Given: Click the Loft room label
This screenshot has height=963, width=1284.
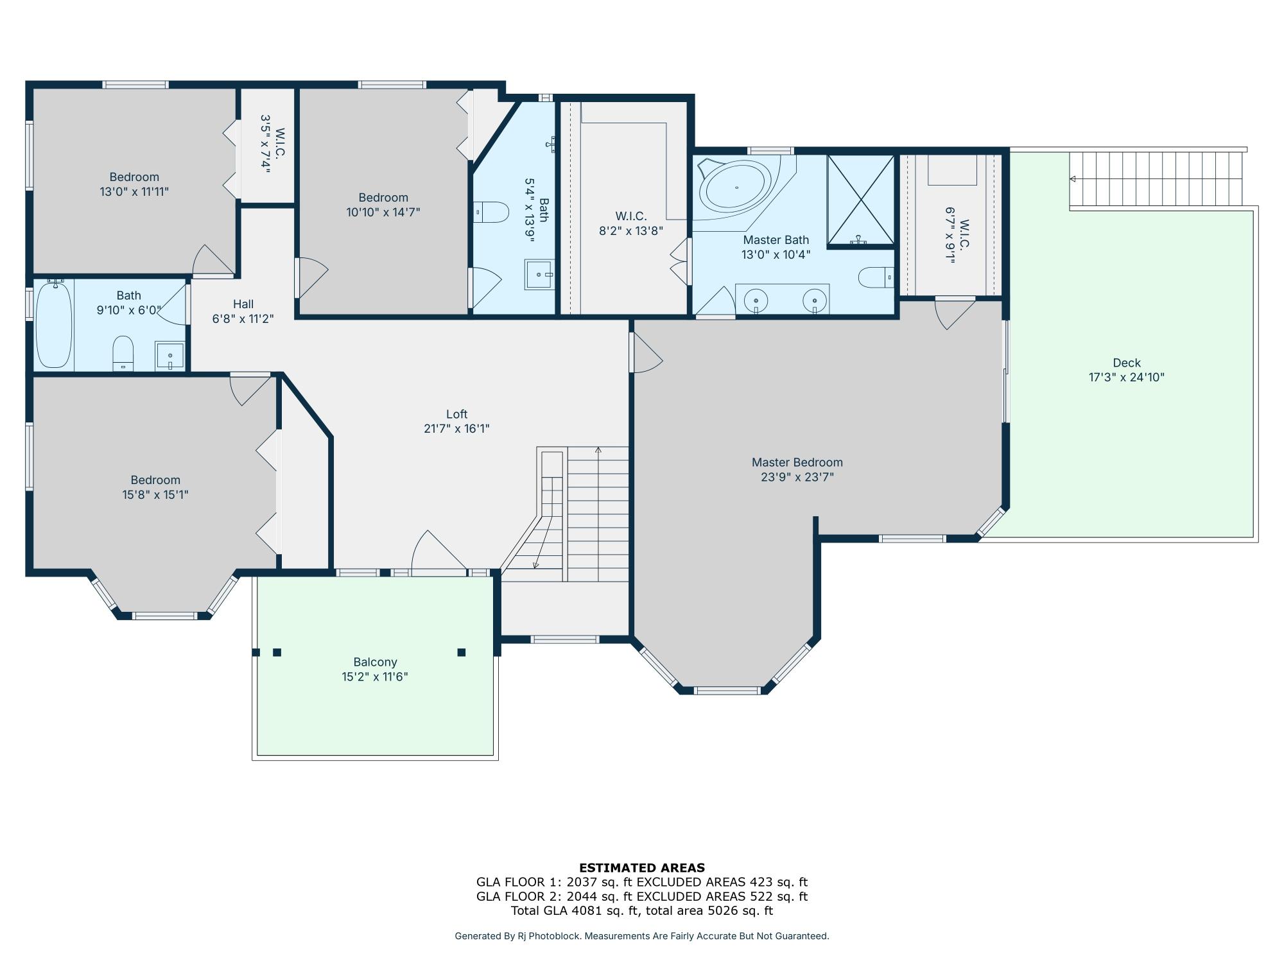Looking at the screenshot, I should tap(456, 414).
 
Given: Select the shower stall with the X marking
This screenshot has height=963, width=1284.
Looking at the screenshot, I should tap(860, 200).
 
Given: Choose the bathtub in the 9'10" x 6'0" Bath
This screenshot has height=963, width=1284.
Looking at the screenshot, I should tap(54, 325).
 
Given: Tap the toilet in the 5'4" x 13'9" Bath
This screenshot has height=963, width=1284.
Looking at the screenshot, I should tap(492, 212).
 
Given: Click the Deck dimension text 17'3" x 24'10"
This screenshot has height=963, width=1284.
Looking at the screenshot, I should tap(1126, 377).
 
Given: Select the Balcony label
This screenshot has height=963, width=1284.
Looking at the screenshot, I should tap(375, 662).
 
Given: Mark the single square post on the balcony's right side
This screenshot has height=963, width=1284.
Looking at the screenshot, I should tap(461, 652).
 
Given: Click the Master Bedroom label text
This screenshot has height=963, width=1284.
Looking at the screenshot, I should tap(797, 462).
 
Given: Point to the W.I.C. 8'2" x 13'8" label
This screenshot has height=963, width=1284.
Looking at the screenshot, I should tap(630, 216).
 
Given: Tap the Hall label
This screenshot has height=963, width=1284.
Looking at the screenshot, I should tap(243, 304).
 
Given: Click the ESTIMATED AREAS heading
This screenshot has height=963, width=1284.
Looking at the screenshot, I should tap(641, 868).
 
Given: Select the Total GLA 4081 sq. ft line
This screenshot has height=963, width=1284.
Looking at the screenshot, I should tap(641, 910).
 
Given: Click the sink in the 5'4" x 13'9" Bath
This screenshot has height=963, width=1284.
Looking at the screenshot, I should tap(539, 275).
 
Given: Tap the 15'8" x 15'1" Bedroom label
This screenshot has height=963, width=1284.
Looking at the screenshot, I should tap(155, 480).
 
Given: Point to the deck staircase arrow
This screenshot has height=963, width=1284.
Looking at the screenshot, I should tap(1073, 179).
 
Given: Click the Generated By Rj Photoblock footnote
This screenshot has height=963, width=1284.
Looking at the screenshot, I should tap(641, 936).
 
